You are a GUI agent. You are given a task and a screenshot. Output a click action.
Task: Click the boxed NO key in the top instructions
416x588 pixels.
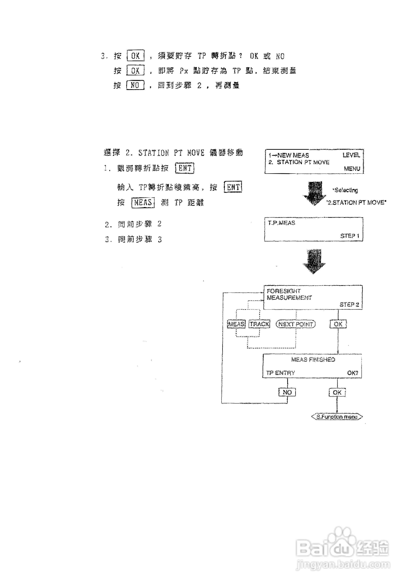pyautogui.click(x=135, y=85)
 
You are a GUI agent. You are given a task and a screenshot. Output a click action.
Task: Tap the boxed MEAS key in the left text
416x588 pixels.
pyautogui.click(x=143, y=203)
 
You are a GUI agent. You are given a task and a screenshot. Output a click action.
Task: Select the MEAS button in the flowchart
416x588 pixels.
pyautogui.click(x=236, y=324)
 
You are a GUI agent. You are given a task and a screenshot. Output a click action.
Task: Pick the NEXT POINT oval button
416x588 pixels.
pyautogui.click(x=295, y=324)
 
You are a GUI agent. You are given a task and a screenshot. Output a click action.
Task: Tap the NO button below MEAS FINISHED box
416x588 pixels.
pyautogui.click(x=287, y=392)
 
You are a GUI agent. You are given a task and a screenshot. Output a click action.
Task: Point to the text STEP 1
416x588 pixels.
pyautogui.click(x=350, y=236)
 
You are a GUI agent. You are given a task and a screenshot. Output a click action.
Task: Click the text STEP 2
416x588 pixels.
pyautogui.click(x=349, y=305)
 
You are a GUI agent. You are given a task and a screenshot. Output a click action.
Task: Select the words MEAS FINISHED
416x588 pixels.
pyautogui.click(x=313, y=360)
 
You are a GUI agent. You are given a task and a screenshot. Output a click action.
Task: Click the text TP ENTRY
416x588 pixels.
pyautogui.click(x=280, y=373)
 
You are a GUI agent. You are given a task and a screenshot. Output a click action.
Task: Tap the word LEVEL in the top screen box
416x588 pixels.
pyautogui.click(x=351, y=155)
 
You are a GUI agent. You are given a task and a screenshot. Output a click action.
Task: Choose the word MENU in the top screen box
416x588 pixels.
pyautogui.click(x=352, y=169)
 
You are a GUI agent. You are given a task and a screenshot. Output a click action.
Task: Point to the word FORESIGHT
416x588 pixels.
pyautogui.click(x=284, y=291)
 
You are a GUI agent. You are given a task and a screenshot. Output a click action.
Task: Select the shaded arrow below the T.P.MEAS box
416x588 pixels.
pyautogui.click(x=314, y=261)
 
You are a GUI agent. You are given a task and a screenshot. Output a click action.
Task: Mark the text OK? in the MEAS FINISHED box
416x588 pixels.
pyautogui.click(x=352, y=373)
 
